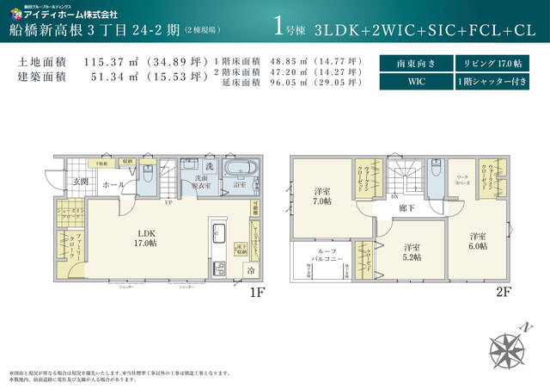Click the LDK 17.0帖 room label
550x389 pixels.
pos(143,238)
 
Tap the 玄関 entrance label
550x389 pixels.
pos(81,181)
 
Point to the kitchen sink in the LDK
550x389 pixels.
pos(218,233)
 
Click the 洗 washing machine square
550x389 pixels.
pos(209,165)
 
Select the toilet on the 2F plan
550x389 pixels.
pos(437,176)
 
